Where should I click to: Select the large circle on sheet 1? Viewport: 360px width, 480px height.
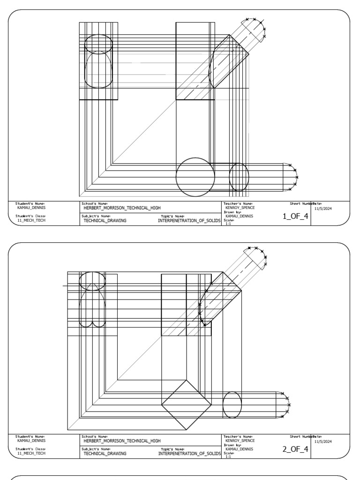tap(195, 177)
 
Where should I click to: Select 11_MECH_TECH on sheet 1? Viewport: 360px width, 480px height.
tap(32, 220)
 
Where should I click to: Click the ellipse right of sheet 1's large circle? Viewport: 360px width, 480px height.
tap(239, 177)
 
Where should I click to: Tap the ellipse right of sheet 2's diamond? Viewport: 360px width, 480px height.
tap(232, 405)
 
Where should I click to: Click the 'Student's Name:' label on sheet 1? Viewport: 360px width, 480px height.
tap(30, 203)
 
